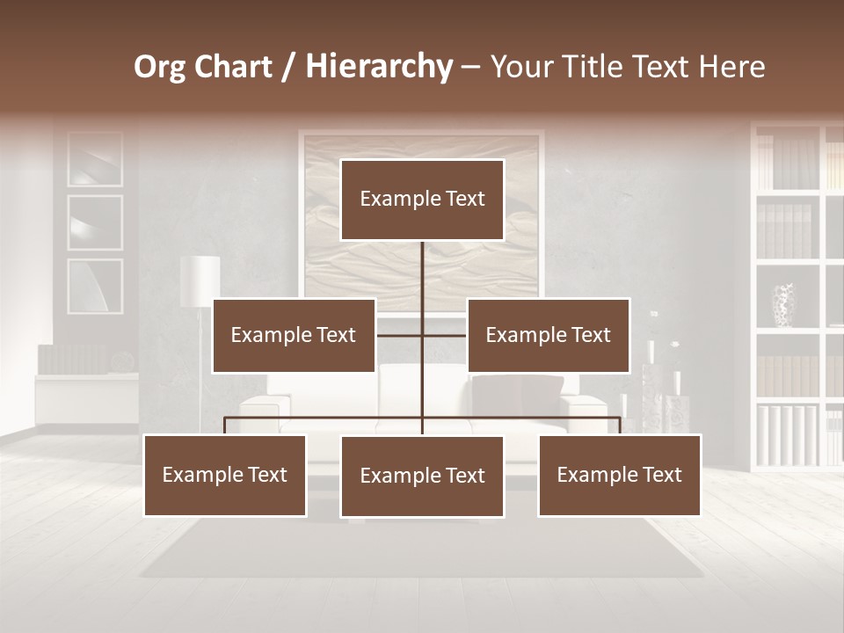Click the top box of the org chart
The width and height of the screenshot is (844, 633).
pyautogui.click(x=422, y=200)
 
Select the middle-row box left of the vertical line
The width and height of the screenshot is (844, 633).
pyautogui.click(x=294, y=335)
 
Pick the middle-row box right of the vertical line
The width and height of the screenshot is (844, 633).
pyautogui.click(x=548, y=335)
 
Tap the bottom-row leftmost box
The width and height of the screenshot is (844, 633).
pyautogui.click(x=225, y=475)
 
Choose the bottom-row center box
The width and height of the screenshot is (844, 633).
pyautogui.click(x=422, y=476)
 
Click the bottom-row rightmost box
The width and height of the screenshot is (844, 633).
pyautogui.click(x=619, y=475)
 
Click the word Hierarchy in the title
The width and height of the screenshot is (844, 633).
pyautogui.click(x=379, y=67)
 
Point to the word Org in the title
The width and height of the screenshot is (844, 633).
pyautogui.click(x=159, y=67)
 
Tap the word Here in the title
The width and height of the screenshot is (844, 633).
pyautogui.click(x=732, y=67)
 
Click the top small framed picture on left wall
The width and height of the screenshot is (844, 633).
pyautogui.click(x=95, y=159)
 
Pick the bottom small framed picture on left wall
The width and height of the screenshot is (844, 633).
pyautogui.click(x=95, y=286)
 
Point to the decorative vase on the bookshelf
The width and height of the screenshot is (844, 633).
pyautogui.click(x=783, y=304)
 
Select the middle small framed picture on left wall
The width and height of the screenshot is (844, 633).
pyautogui.click(x=95, y=222)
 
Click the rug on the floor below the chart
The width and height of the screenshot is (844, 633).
pyautogui.click(x=422, y=549)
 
